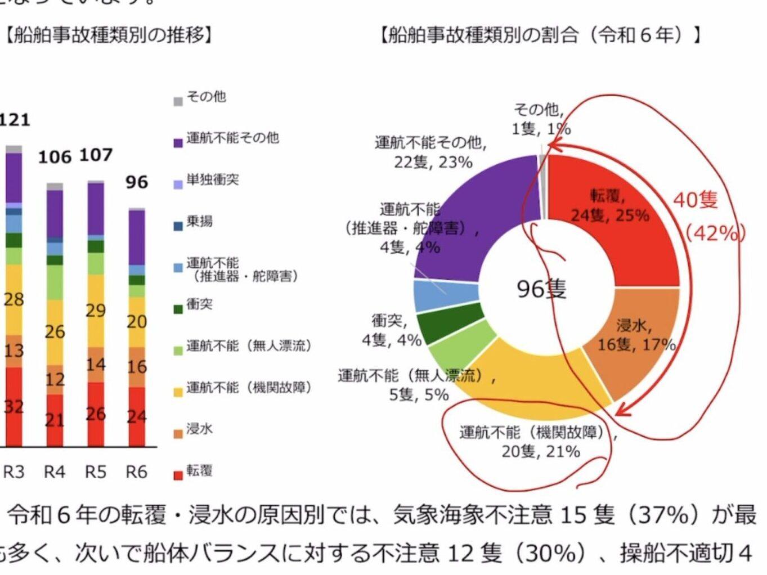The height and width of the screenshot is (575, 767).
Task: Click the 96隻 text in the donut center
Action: point(541,289)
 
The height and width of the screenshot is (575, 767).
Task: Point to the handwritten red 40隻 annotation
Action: point(696,200)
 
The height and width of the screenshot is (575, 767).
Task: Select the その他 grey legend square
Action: point(178,101)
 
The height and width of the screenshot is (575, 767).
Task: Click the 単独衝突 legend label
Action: point(213,180)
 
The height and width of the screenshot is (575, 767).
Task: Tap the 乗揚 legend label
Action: point(200,222)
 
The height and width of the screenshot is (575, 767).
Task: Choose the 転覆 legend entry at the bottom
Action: point(199,471)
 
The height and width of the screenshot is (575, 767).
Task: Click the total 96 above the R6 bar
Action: point(136,182)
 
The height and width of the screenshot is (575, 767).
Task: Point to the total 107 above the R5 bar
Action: point(96,155)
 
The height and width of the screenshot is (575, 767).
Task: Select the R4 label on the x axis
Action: point(55,471)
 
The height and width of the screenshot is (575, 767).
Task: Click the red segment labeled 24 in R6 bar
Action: point(136,417)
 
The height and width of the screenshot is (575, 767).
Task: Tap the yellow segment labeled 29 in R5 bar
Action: point(96,311)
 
